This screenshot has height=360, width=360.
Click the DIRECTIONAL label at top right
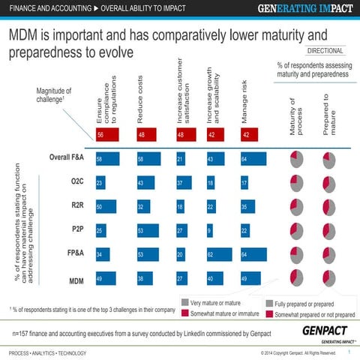click(325, 51)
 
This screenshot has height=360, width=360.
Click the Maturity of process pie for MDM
click(295, 277)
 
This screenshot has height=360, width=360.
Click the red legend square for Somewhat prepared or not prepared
click(269, 314)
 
